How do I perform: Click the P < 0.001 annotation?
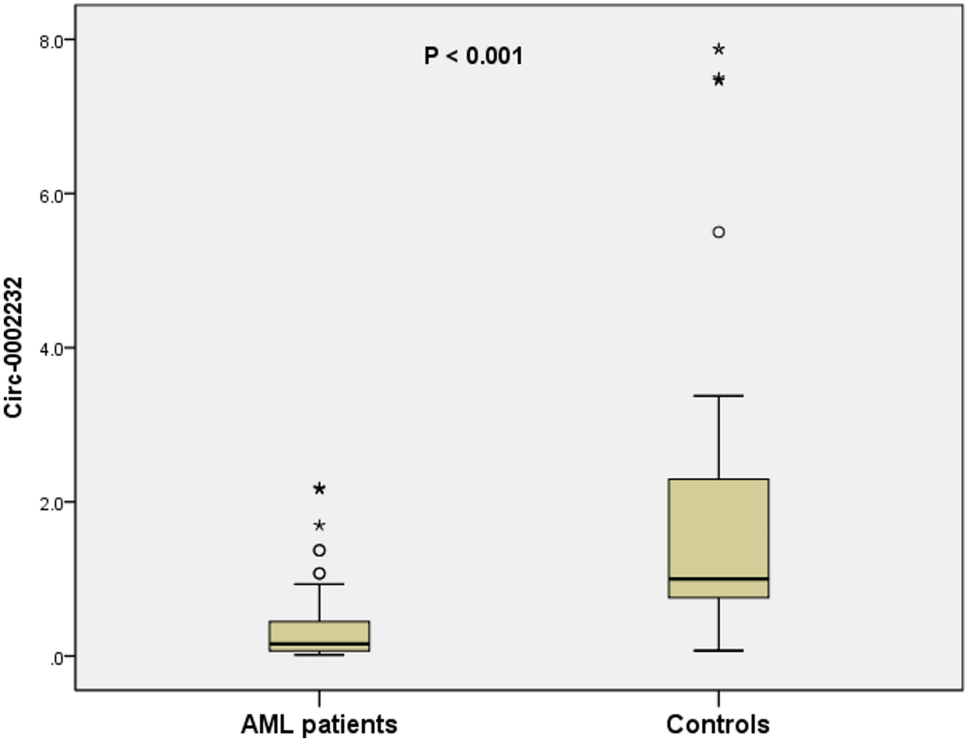(x=473, y=56)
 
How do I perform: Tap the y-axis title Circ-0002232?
(x=14, y=347)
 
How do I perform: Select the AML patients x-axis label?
(x=319, y=724)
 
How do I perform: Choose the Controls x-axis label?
(x=717, y=724)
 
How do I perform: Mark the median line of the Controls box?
(x=718, y=578)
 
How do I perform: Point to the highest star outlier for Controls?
(x=718, y=50)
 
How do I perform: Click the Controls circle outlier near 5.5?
(x=718, y=232)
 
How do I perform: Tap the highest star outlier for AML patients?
(x=319, y=489)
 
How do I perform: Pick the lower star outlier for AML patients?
(x=319, y=525)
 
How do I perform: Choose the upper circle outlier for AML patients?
(x=319, y=550)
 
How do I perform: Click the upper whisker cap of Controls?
(x=718, y=396)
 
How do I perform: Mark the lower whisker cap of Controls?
(x=718, y=650)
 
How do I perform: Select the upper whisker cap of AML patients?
(x=319, y=584)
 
